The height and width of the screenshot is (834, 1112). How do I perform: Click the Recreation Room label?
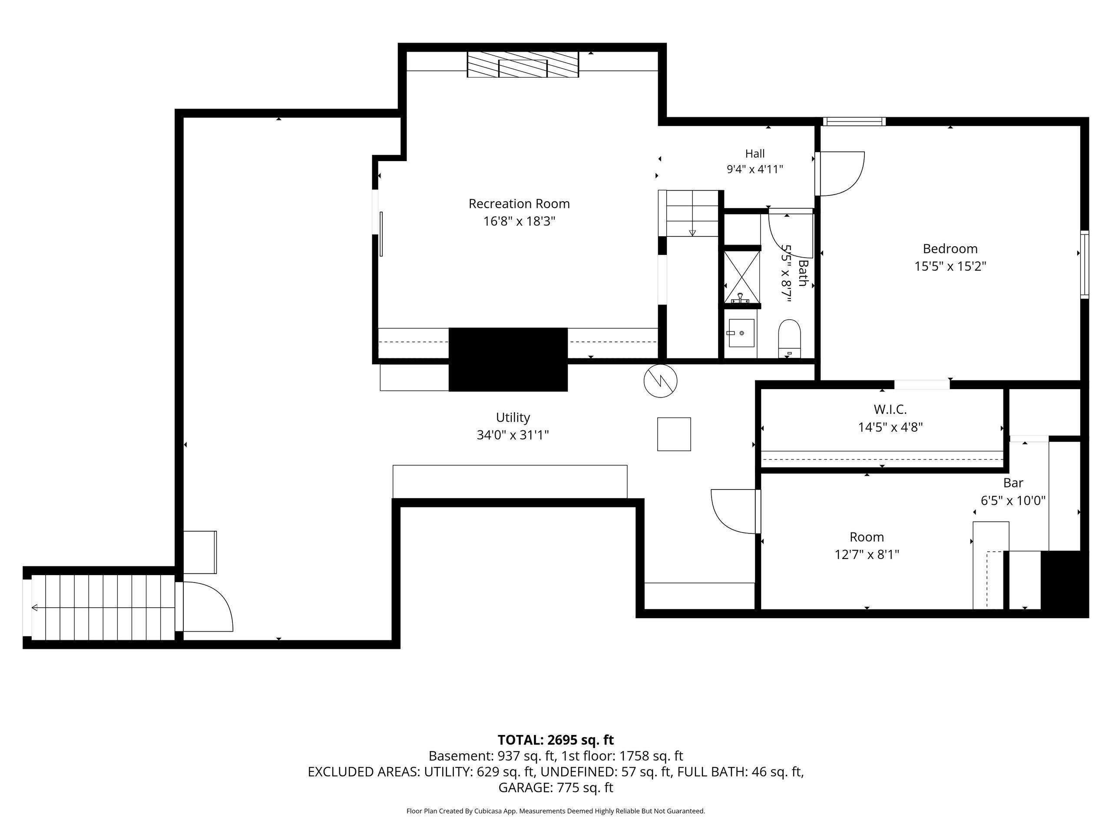(519, 204)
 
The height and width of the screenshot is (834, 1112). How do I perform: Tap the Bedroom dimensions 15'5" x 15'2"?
(950, 266)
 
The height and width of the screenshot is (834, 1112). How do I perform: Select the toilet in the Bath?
(789, 338)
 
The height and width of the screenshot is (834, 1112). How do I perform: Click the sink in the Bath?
(741, 333)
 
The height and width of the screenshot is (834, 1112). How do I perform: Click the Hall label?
(755, 154)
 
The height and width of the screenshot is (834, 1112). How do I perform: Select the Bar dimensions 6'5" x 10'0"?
(1013, 501)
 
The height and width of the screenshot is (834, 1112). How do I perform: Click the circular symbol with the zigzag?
(660, 381)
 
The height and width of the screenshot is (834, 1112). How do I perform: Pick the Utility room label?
(513, 418)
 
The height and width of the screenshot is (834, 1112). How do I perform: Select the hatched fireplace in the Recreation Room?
(523, 64)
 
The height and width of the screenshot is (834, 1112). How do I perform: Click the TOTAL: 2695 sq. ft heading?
(556, 740)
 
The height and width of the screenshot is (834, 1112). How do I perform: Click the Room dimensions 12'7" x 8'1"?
(867, 555)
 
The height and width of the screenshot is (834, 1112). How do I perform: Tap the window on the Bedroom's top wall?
(854, 121)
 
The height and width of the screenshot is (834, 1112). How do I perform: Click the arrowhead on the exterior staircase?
(34, 608)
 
